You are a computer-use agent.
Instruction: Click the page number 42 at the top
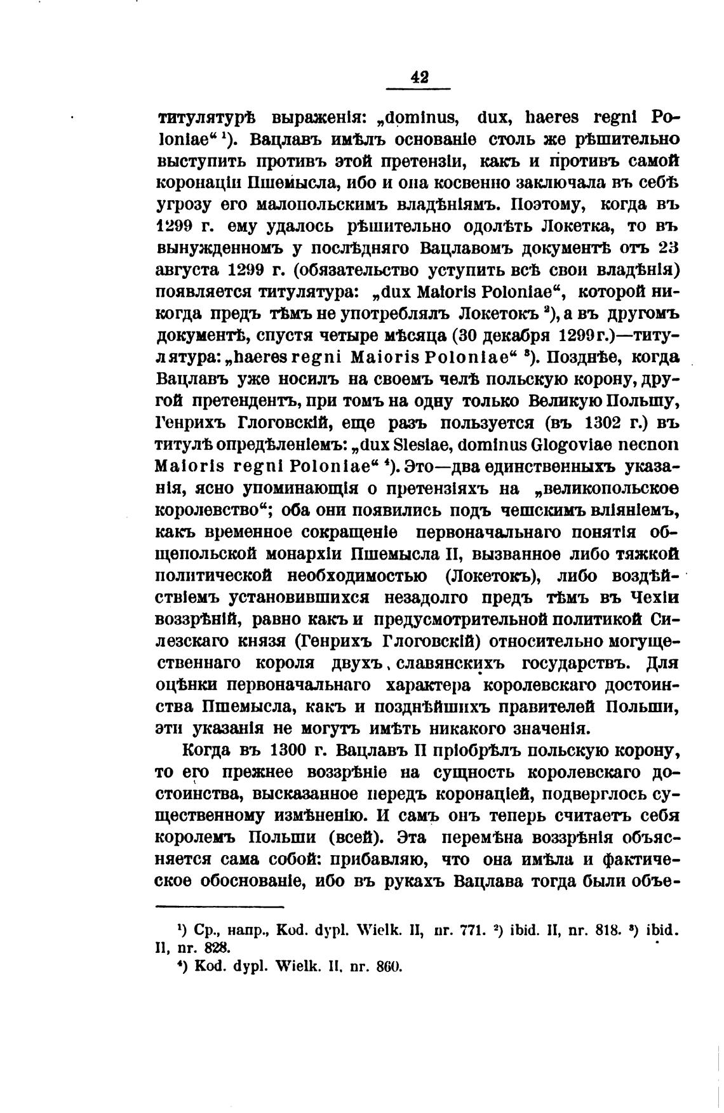tap(419, 77)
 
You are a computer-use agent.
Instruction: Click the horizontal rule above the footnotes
tap(219, 907)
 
